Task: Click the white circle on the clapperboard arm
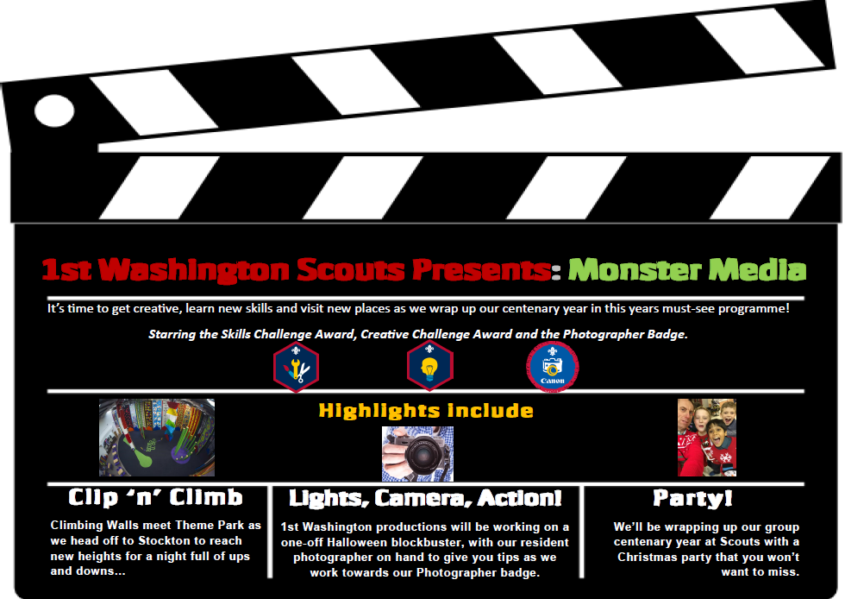(54, 110)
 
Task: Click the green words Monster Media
(687, 269)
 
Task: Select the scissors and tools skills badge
(296, 367)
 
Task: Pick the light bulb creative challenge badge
(429, 366)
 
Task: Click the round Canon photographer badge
(553, 367)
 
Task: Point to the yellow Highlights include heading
(426, 411)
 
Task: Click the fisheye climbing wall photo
(157, 438)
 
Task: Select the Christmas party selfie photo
(706, 438)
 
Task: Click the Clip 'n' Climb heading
(155, 497)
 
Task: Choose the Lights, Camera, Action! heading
(425, 499)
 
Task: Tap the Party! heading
(692, 499)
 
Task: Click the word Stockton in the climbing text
(164, 540)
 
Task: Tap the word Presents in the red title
(482, 270)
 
